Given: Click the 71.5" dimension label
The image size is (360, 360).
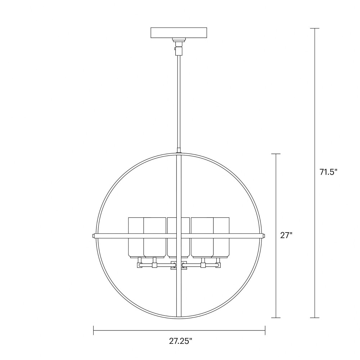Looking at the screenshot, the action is click(x=328, y=172).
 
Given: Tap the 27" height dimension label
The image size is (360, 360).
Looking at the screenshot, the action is click(x=286, y=235).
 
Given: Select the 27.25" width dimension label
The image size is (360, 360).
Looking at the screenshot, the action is click(x=180, y=341).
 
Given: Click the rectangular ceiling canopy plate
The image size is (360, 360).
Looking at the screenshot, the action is click(x=179, y=33).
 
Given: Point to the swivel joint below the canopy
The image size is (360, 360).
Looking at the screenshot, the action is click(x=179, y=47).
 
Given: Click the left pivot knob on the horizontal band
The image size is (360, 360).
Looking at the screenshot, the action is click(x=93, y=236).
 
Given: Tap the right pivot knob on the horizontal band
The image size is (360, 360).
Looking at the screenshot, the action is click(x=264, y=236).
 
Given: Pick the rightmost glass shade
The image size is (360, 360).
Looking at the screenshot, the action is click(x=221, y=237).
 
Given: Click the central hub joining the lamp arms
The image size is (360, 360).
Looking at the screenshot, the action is click(x=179, y=265).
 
